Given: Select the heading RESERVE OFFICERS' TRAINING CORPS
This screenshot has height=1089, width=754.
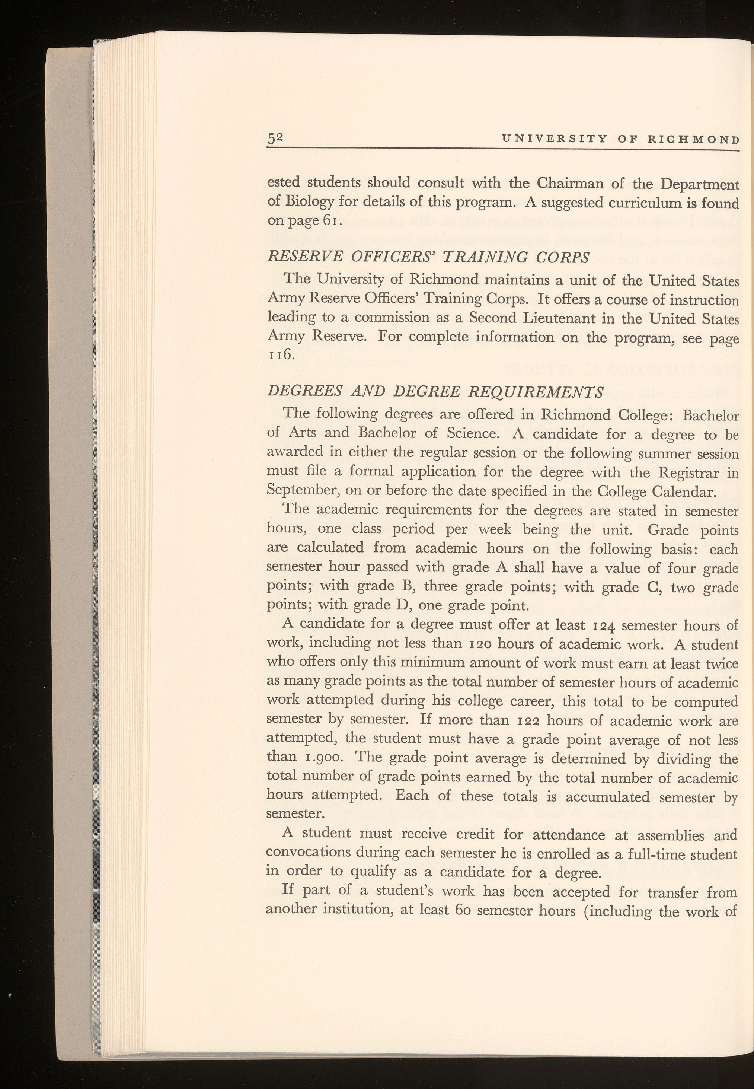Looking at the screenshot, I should tap(428, 257).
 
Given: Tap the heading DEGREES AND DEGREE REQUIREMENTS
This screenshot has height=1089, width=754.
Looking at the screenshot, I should tap(435, 391).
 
